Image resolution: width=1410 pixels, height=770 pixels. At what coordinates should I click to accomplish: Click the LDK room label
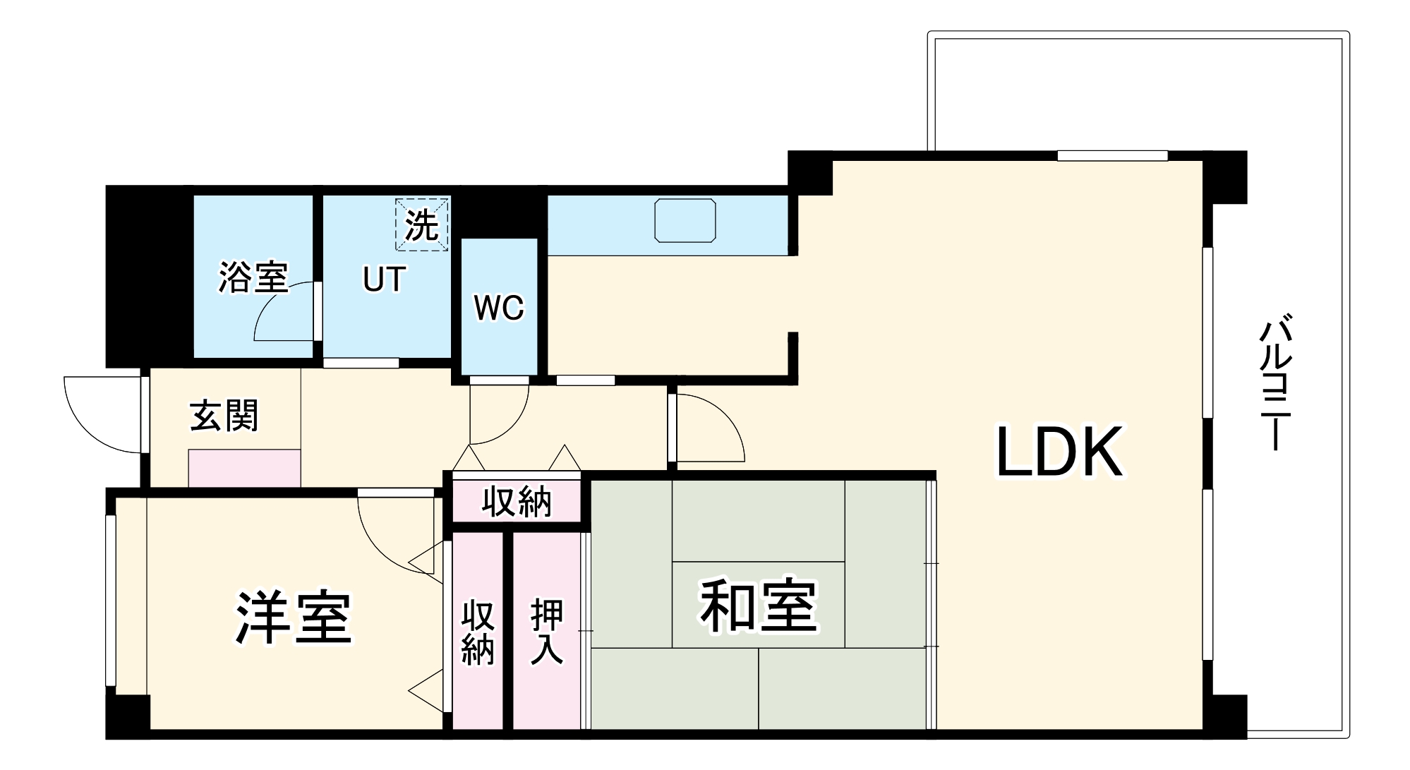pyautogui.click(x=1059, y=452)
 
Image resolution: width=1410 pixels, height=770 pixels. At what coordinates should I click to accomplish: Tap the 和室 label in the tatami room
pyautogui.click(x=759, y=606)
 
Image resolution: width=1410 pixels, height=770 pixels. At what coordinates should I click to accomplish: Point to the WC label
pyautogui.click(x=499, y=308)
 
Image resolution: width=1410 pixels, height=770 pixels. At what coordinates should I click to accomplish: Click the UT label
pyautogui.click(x=384, y=279)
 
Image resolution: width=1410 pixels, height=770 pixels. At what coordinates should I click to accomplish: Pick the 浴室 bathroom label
pyautogui.click(x=253, y=277)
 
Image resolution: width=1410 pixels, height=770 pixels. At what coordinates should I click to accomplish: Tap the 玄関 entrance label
pyautogui.click(x=224, y=416)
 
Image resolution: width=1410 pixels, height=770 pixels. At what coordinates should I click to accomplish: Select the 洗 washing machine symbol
pyautogui.click(x=421, y=224)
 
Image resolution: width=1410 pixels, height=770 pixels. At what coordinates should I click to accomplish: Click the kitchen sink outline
pyautogui.click(x=685, y=220)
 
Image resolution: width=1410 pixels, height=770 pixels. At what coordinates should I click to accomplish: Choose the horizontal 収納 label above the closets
pyautogui.click(x=517, y=502)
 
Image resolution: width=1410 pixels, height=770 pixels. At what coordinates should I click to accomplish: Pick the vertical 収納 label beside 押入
pyautogui.click(x=478, y=633)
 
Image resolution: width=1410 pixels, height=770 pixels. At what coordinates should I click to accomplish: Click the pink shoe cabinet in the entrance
pyautogui.click(x=244, y=468)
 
